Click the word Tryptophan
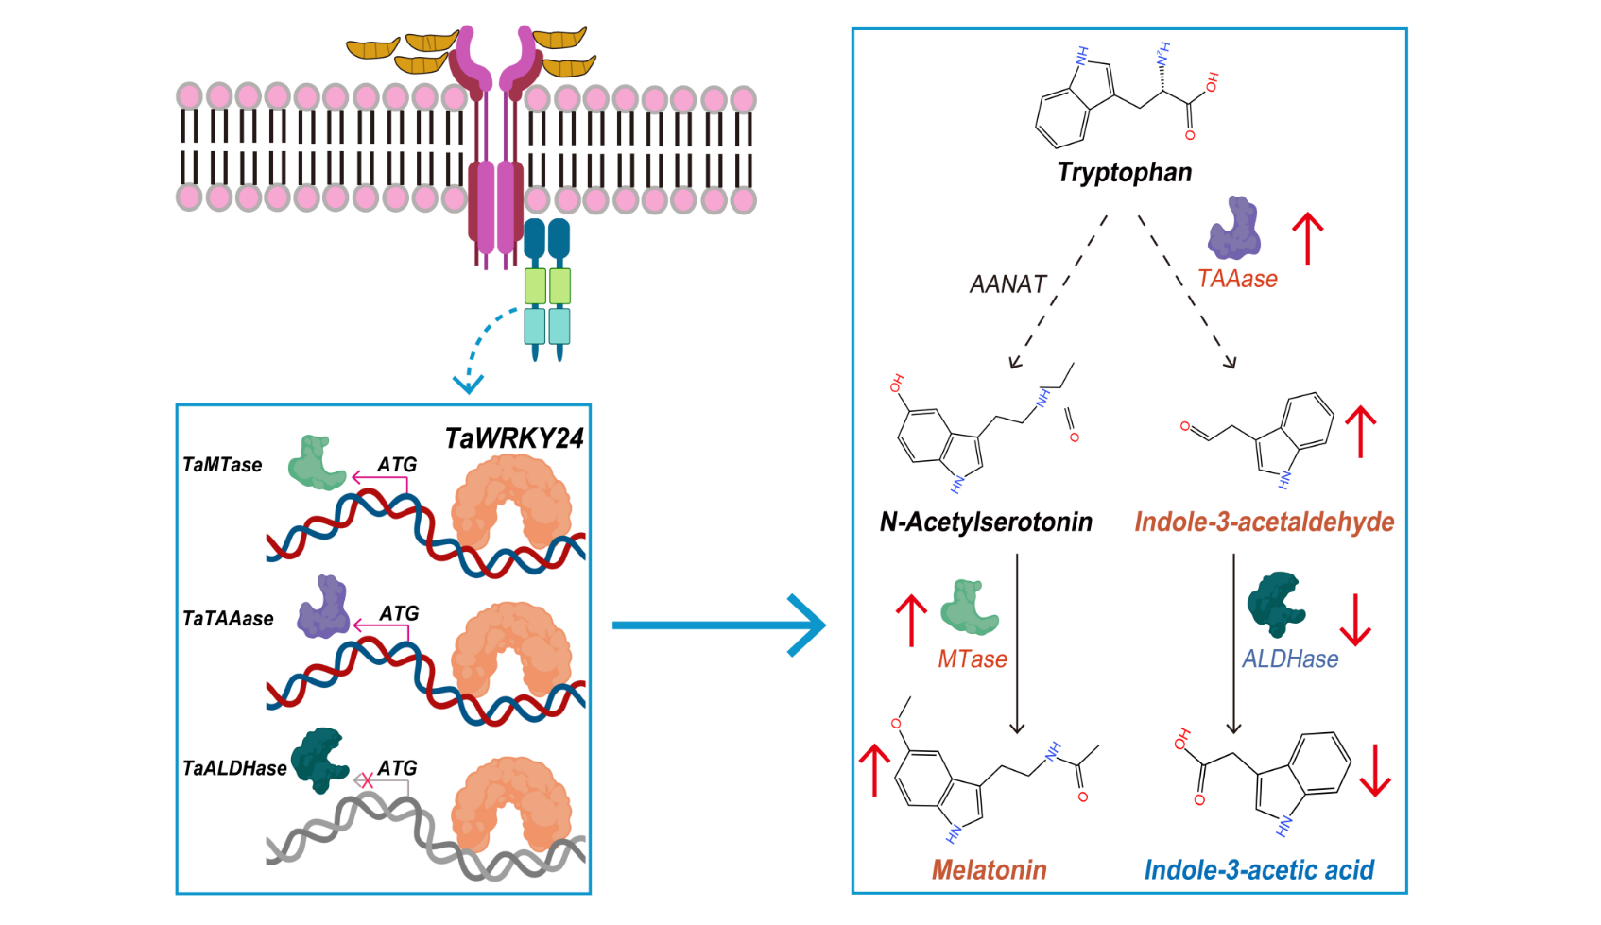pos(1124,173)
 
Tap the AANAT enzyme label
pos(1007,284)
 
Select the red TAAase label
pos(1237,279)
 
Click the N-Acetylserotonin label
pos(986,522)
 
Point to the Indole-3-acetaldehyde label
pos(1264,522)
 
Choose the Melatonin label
pos(989,870)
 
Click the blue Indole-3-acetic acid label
pos(1259,870)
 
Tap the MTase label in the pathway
pos(972,659)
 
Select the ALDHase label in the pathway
pos(1290,659)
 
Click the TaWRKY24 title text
pos(514,438)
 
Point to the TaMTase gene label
pos(222,465)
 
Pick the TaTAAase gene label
pos(228,619)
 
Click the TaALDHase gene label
pos(234,769)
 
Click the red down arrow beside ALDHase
pos(1355,620)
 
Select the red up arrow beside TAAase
pos(1308,237)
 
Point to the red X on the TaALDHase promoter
pos(368,780)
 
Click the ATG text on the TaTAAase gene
pos(399,614)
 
